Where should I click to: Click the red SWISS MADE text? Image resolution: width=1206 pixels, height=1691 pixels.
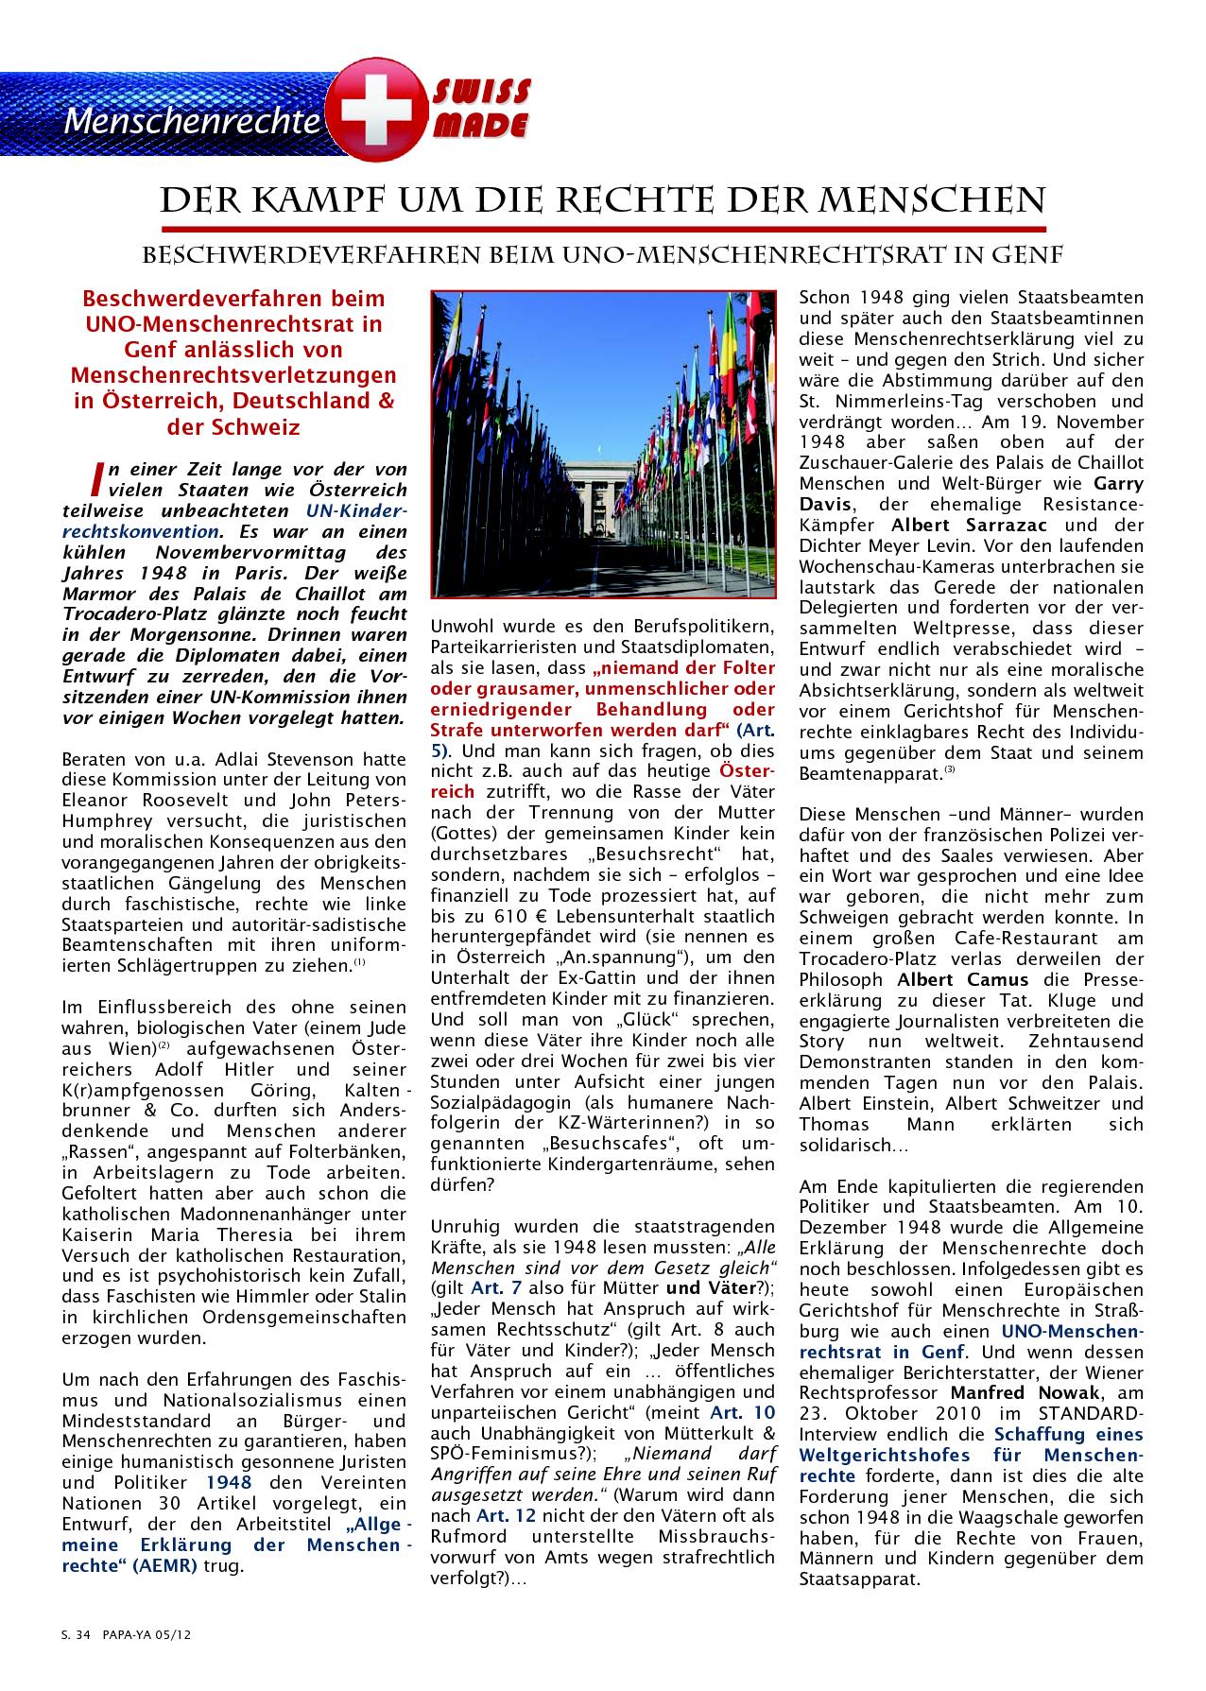click(481, 109)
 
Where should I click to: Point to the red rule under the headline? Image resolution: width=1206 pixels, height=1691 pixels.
click(604, 229)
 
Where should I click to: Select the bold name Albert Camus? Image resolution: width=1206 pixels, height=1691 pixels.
click(952, 978)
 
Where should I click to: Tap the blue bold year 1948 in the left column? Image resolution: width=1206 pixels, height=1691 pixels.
click(229, 1483)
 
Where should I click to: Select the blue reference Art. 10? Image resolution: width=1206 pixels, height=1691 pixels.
click(744, 1412)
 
